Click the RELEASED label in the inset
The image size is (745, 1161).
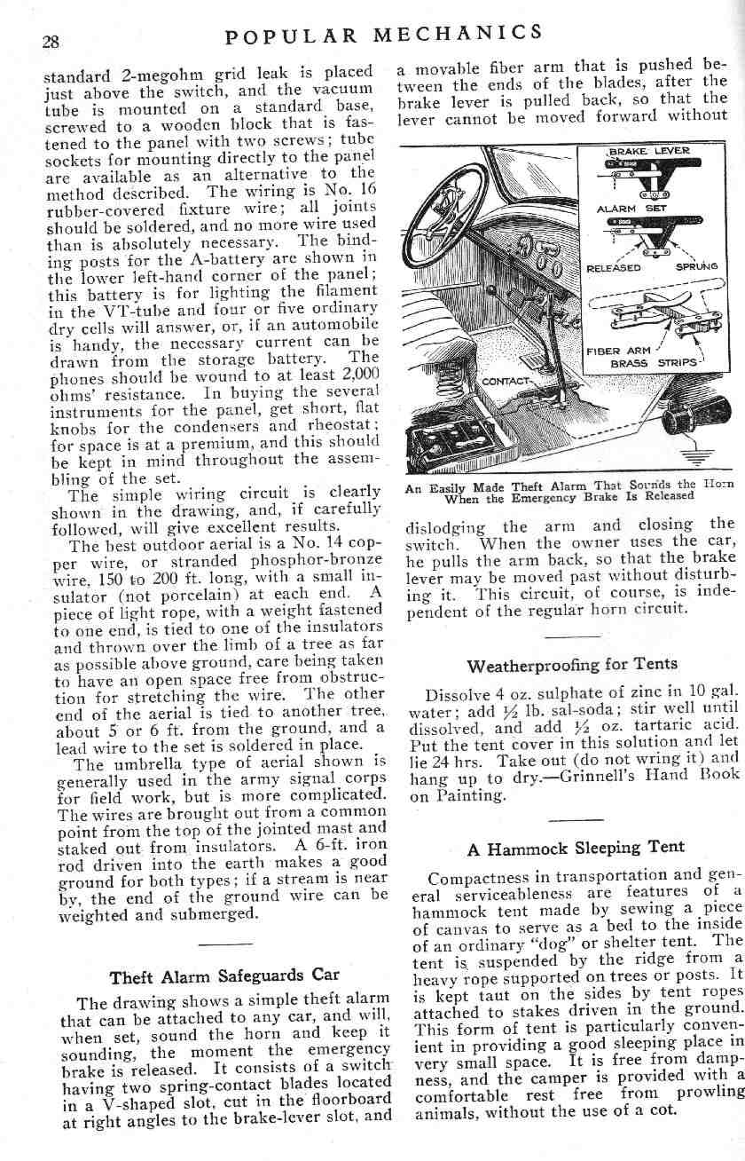tap(613, 266)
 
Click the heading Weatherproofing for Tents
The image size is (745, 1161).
tap(571, 664)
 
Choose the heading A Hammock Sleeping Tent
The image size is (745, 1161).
tap(575, 848)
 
